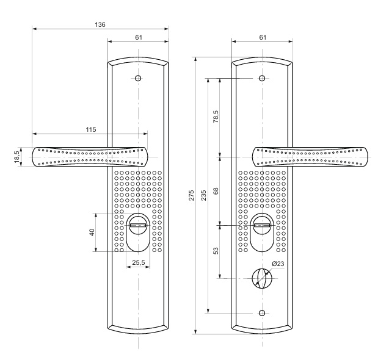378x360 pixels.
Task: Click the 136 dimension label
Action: coord(100,24)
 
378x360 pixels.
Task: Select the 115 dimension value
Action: coord(91,129)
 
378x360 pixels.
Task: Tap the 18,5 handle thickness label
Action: coord(16,157)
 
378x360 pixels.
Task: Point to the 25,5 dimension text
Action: coord(139,263)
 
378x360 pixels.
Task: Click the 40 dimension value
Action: coord(92,232)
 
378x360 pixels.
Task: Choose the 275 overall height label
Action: coord(191,195)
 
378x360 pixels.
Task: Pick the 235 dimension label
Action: coord(203,195)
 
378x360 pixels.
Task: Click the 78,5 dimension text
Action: coord(216,117)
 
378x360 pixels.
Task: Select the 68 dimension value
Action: coord(216,191)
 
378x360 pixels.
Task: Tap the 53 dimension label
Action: coord(216,251)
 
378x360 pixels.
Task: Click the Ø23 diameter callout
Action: coord(278,264)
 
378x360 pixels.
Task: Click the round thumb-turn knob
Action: coord(262,278)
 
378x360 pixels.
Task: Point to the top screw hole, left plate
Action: coord(138,78)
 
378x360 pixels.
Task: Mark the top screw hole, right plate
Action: coord(262,78)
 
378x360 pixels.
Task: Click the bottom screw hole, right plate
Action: coord(262,313)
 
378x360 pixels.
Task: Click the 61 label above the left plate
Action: coord(139,37)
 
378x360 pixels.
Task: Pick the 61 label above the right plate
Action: coord(263,37)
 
